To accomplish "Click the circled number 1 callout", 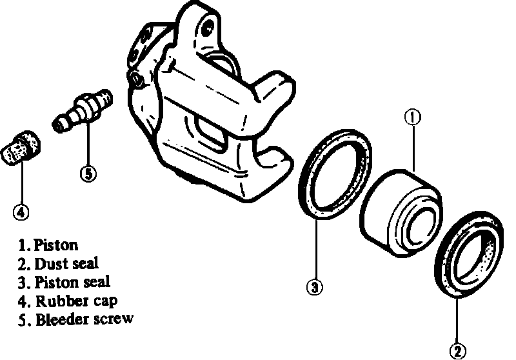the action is click(x=412, y=117).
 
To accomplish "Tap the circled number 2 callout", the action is click(x=458, y=352).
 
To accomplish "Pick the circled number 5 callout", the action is click(x=88, y=173).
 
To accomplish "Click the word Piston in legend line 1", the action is click(x=56, y=245).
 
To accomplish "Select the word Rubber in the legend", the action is click(x=57, y=300).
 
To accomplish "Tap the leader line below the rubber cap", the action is click(x=21, y=184).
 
